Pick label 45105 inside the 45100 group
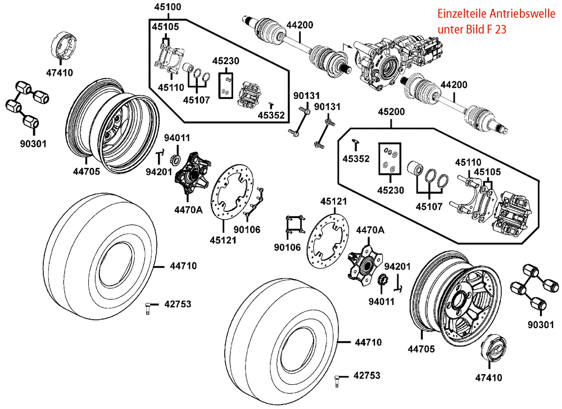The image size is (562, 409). tap(164, 26)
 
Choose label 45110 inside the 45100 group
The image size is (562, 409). tap(171, 88)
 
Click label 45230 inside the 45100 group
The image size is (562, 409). tap(226, 61)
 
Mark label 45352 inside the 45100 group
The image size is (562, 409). tap(271, 116)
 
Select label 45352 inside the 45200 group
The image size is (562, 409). tap(356, 159)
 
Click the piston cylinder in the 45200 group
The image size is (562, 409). tap(416, 169)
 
